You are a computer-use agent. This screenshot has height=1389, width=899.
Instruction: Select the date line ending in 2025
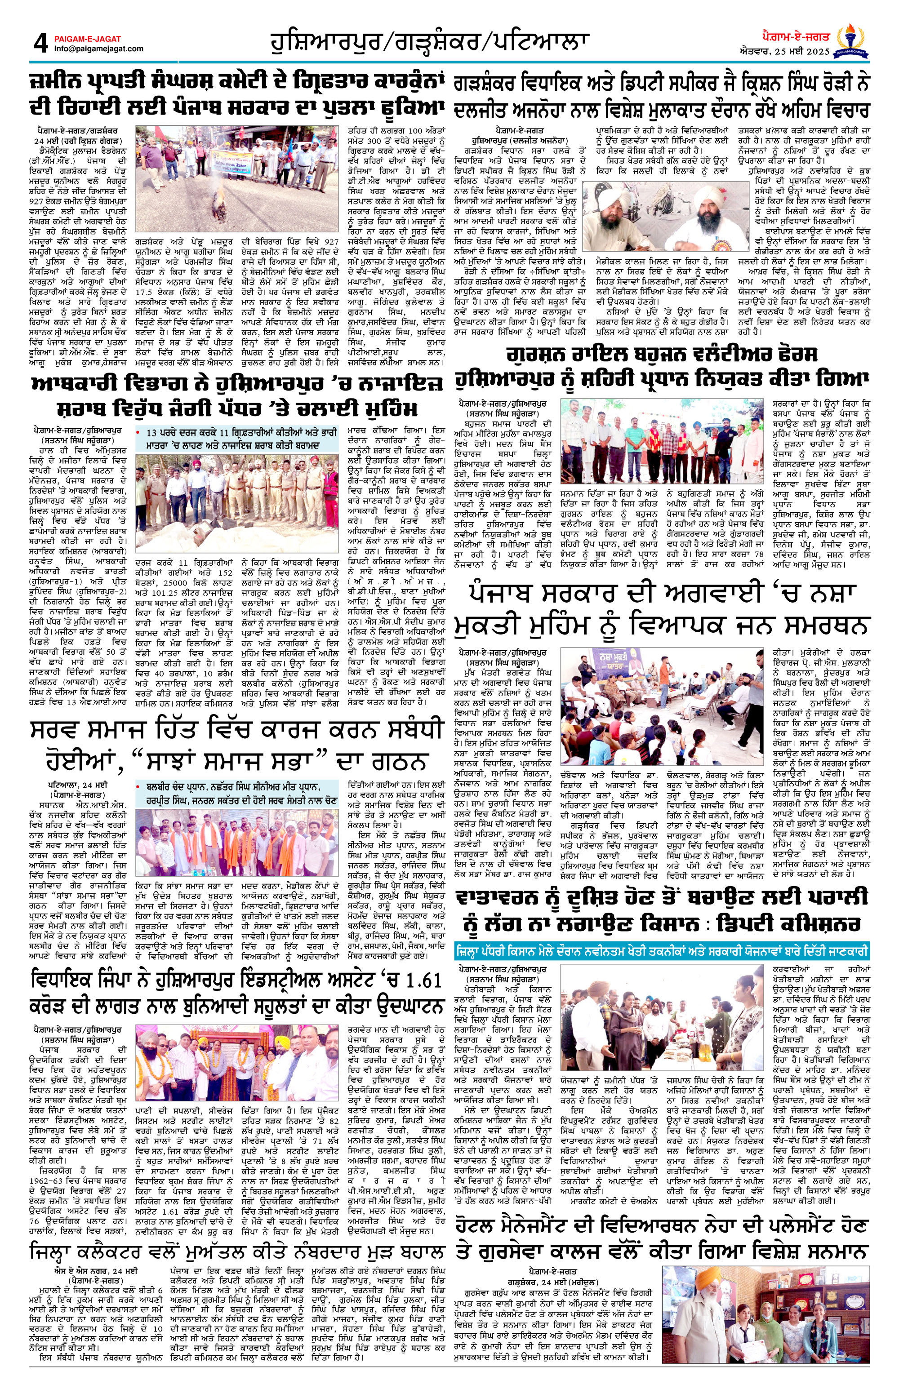pos(786,52)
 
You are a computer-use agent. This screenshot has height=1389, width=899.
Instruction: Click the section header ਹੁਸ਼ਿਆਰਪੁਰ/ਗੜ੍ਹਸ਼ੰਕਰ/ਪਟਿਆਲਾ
pos(429,42)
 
